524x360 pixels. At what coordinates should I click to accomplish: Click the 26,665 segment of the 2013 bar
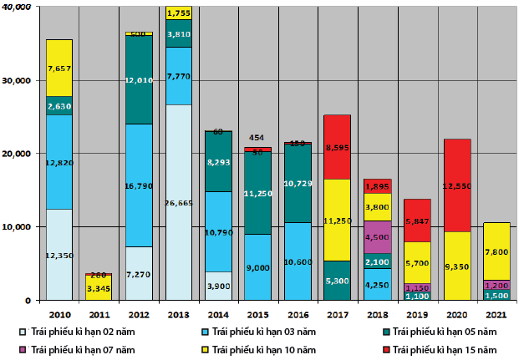coord(179,202)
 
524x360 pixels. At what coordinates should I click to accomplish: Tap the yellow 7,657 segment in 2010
coord(59,68)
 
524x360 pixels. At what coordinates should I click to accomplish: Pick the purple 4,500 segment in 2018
coord(378,236)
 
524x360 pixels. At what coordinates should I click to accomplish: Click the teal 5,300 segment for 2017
coord(338,280)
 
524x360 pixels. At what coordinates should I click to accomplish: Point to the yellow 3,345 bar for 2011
coord(99,288)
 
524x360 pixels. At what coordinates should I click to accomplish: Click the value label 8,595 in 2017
coord(338,147)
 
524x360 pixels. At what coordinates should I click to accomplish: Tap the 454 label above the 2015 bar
coord(257,138)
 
